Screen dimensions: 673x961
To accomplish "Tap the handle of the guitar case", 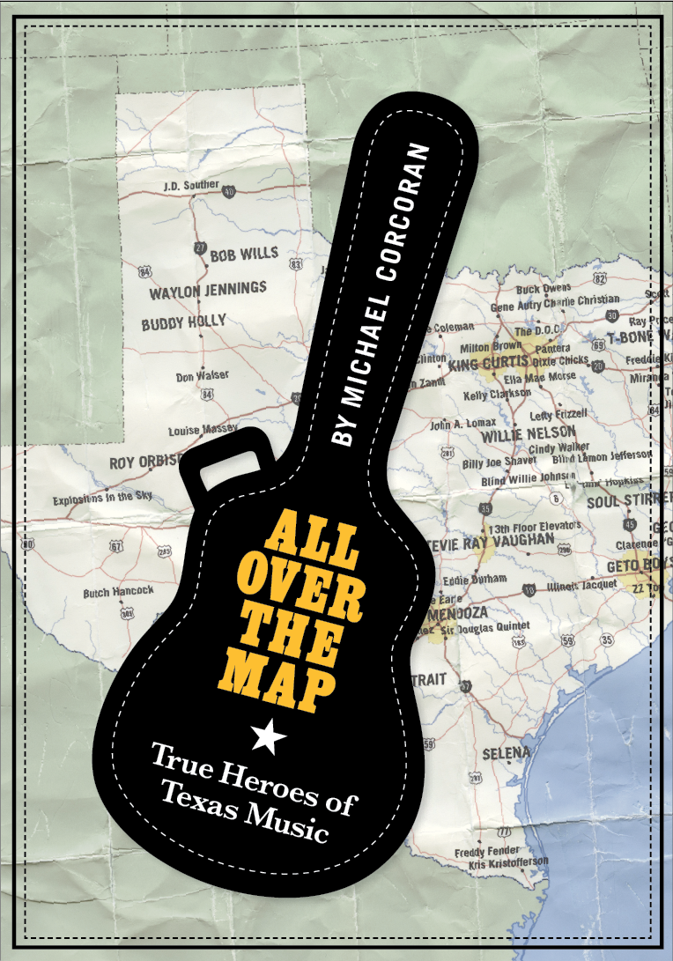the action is point(226,464).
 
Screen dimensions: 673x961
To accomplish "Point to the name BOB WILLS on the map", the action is point(244,255).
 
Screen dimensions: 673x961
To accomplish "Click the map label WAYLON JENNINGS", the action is point(208,290).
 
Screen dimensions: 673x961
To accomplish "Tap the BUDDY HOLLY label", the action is point(184,322).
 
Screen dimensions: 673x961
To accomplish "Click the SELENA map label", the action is point(507,753).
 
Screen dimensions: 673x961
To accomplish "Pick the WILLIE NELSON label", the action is point(527,432).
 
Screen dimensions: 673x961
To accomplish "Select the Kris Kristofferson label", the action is point(501,864).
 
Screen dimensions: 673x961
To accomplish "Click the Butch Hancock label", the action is point(118,592).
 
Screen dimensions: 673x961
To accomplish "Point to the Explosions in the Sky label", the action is point(102,499).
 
